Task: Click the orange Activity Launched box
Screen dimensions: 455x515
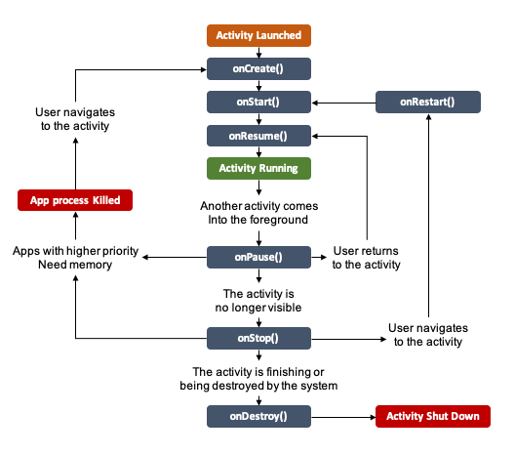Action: coord(258,36)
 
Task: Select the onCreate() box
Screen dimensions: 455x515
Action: coord(258,68)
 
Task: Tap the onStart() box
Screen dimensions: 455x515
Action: coord(258,102)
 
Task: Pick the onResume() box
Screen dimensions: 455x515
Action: coord(258,135)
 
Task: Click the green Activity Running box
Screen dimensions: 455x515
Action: coord(258,168)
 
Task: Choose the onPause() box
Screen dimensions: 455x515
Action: coord(258,257)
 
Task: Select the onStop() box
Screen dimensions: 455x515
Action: coord(258,338)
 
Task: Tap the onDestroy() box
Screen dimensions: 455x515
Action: coord(258,417)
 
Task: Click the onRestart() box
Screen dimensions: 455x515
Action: coord(428,102)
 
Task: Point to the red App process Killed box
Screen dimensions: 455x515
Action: coord(74,201)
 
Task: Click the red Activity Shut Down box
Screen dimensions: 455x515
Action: coord(433,417)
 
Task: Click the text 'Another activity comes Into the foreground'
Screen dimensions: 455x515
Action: coord(258,214)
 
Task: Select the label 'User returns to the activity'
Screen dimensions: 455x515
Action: coord(366,257)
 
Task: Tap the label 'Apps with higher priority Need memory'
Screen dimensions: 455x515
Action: coord(74,257)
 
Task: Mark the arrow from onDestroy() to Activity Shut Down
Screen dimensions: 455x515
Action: coord(342,417)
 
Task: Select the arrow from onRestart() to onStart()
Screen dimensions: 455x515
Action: coord(342,102)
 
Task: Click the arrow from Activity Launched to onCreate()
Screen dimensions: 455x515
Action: coord(258,52)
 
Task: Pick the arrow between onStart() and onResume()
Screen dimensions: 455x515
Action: coord(258,118)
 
